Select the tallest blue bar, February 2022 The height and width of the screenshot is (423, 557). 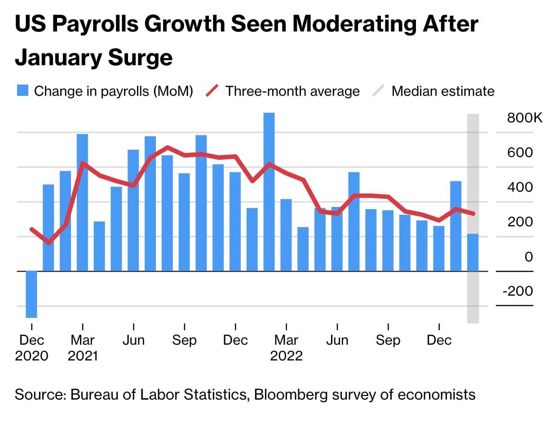pyautogui.click(x=269, y=191)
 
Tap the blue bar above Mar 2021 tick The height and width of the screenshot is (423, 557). pyautogui.click(x=82, y=202)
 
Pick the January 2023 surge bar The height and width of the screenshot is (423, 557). pyautogui.click(x=456, y=226)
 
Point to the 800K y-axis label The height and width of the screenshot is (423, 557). pyautogui.click(x=525, y=118)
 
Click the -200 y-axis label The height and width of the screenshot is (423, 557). pyautogui.click(x=517, y=291)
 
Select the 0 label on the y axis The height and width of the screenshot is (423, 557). pyautogui.click(x=529, y=256)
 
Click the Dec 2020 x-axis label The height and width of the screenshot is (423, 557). pyautogui.click(x=31, y=348)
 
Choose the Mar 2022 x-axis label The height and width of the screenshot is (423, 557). pyautogui.click(x=286, y=348)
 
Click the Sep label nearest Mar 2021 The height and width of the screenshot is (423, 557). pyautogui.click(x=184, y=340)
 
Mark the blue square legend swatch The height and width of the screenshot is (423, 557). pyautogui.click(x=23, y=91)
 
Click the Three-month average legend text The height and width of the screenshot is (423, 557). pyautogui.click(x=292, y=91)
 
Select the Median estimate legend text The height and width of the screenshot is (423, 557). pyautogui.click(x=443, y=91)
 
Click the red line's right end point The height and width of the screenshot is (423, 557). pyautogui.click(x=473, y=214)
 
